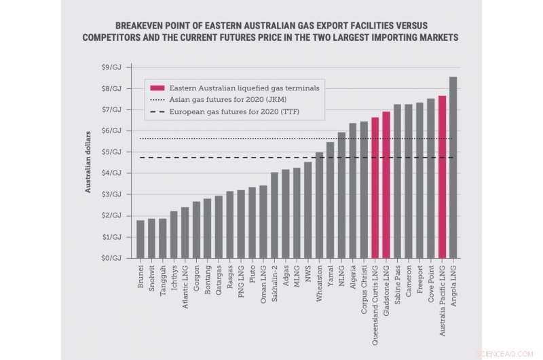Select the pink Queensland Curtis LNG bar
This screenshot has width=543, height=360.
coord(375,187)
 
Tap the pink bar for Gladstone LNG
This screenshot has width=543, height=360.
coord(386,185)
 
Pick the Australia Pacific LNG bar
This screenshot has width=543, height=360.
coord(442,177)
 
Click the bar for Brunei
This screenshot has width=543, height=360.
coord(140,239)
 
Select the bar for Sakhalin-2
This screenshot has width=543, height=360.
coord(274,215)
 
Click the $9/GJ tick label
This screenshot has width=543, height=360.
coord(112,67)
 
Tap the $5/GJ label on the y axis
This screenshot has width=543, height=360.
coord(112,152)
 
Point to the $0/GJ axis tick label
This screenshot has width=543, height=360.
coord(112,258)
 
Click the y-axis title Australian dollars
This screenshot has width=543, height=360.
coord(88,162)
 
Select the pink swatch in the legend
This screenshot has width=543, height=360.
coord(157,88)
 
